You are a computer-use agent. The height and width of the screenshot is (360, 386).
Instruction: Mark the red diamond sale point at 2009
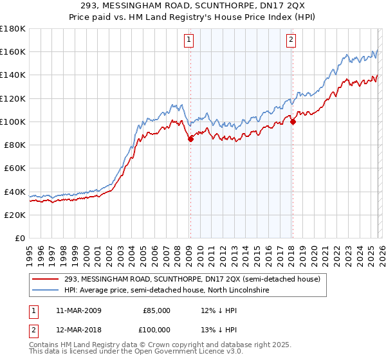point(190,139)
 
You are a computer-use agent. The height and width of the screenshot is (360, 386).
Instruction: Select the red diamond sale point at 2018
point(293,122)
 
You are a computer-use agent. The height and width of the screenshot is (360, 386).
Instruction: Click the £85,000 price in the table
point(156,310)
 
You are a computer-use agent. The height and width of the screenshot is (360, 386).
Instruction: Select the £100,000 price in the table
point(154,330)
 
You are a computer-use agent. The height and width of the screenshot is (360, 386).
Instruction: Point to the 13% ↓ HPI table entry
point(219,330)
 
